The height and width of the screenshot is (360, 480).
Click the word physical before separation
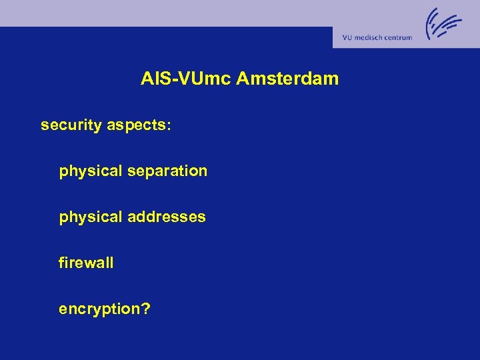[x=91, y=171]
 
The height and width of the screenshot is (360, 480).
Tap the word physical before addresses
[x=91, y=217]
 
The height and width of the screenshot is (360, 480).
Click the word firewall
[x=86, y=263]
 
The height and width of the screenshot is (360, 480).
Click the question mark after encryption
[x=145, y=309]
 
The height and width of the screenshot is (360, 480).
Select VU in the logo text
[x=347, y=38]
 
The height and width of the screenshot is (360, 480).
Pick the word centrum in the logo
[x=399, y=38]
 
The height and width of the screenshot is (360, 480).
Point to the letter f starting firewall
[x=61, y=263]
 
